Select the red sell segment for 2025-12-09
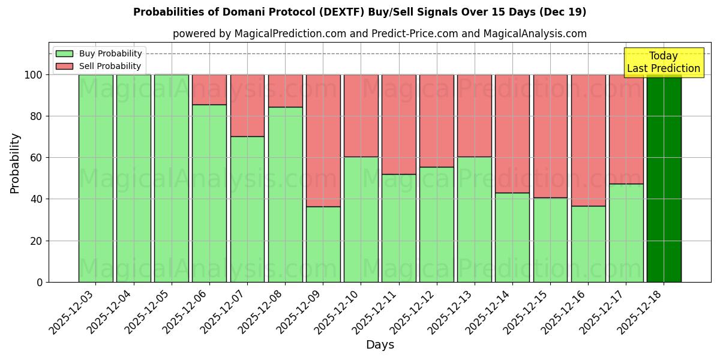tap(323, 140)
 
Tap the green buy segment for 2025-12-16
tap(588, 244)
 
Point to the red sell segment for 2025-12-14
tap(512, 133)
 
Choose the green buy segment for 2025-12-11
tap(399, 228)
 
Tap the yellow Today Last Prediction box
tap(664, 62)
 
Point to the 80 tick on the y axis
tap(37, 116)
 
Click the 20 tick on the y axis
tap(37, 241)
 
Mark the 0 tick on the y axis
tap(40, 282)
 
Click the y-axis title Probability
tap(15, 163)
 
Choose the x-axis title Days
tap(380, 345)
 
